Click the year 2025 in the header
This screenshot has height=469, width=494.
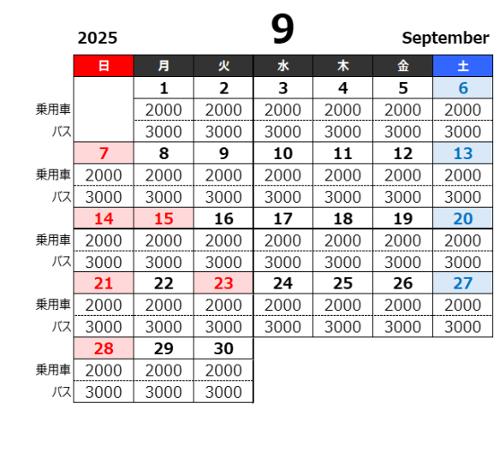tap(98, 39)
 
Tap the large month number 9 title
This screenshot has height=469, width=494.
tap(283, 28)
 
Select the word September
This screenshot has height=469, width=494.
tap(445, 39)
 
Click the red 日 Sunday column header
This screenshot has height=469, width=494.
tap(104, 66)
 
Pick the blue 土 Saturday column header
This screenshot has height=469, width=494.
tap(463, 66)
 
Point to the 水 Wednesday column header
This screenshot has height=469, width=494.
tap(283, 66)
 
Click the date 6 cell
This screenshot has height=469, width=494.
tap(463, 88)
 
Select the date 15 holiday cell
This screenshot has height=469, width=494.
tap(164, 218)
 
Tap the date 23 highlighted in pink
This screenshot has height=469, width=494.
tap(223, 283)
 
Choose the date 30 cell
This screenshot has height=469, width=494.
tap(223, 348)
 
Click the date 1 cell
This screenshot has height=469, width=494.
tap(164, 88)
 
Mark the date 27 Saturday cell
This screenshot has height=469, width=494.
tap(463, 283)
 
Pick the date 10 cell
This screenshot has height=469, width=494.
tap(283, 153)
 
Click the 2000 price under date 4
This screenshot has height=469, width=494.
tap(342, 110)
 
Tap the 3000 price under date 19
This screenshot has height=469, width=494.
tap(402, 262)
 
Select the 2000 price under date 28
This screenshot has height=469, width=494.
tap(104, 370)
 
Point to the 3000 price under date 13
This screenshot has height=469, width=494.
tap(463, 197)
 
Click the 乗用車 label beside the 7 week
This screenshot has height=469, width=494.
tap(53, 175)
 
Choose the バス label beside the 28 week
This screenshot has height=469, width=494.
tap(62, 392)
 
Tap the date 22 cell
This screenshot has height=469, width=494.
tap(164, 283)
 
